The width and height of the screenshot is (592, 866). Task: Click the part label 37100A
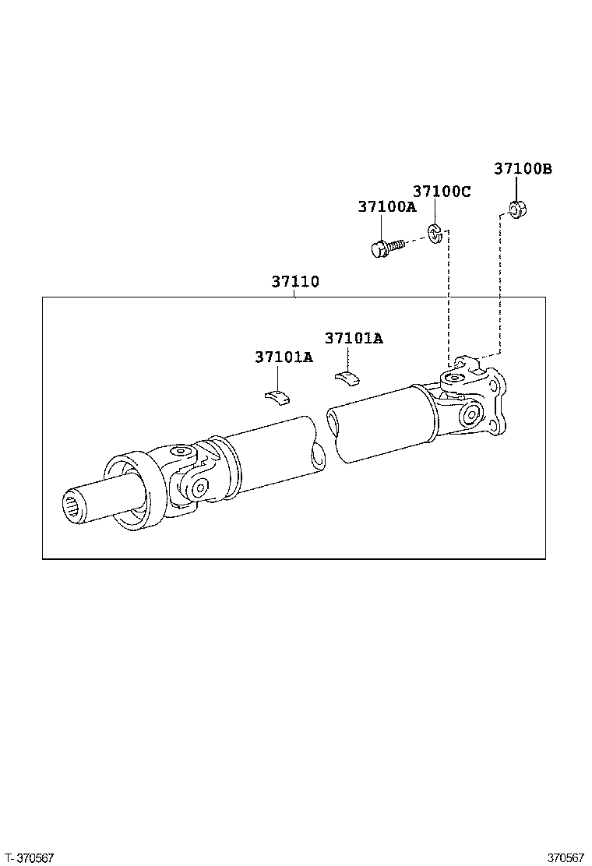387,207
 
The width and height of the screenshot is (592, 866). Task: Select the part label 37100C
442,192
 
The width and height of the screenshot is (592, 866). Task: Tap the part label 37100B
523,168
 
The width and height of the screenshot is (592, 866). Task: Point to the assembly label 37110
295,281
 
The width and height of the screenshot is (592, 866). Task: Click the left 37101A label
284,357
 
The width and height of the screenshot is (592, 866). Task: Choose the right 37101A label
354,338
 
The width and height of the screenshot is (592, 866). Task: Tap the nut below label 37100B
516,209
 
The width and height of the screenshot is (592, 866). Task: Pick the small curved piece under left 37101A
276,396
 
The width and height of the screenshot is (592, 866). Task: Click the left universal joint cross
191,475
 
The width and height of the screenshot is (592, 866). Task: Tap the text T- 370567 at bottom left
29,857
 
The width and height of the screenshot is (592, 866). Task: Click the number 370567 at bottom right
565,857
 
